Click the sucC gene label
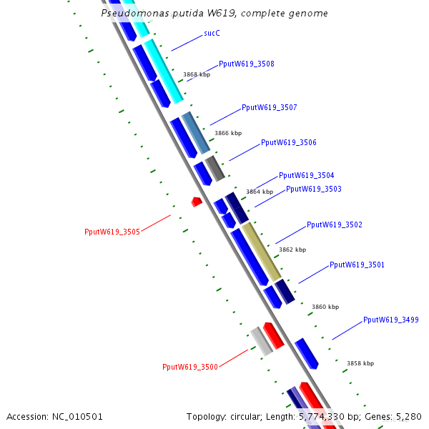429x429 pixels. coord(212,33)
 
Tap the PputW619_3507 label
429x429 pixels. coord(269,107)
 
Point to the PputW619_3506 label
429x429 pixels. coord(288,142)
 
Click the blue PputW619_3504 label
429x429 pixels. coord(306,175)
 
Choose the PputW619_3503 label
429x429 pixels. coord(313,189)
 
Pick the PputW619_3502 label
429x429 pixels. coord(334,225)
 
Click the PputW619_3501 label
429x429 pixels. coord(357,265)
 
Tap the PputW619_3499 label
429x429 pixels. coord(390,320)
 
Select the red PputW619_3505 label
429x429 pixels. coord(112,232)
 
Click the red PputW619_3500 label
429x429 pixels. coord(189,367)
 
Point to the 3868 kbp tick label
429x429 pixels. coord(196,74)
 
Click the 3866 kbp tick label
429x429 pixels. coord(228,133)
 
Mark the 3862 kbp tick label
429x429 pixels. coord(292,250)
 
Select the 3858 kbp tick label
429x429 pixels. coord(360,363)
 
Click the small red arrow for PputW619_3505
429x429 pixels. coord(197,202)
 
